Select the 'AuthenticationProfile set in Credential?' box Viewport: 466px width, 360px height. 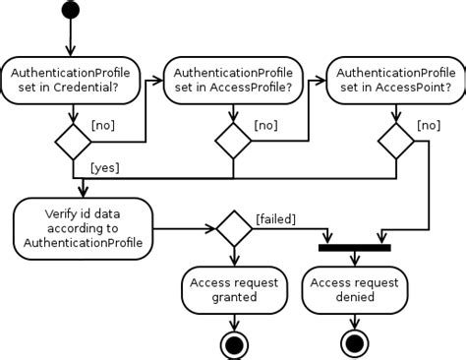pos(72,79)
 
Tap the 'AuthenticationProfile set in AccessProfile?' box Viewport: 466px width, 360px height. pos(233,79)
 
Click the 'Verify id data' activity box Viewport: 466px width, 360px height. pos(84,226)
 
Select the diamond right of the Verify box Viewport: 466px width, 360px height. pos(233,228)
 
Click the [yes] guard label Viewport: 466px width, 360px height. pos(104,167)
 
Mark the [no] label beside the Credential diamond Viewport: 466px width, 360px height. pos(105,125)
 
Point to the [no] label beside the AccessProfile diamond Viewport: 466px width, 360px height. pos(266,125)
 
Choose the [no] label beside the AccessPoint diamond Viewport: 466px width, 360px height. pos(428,125)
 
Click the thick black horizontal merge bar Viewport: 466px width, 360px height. pos(354,247)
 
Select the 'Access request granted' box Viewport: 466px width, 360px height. pos(233,289)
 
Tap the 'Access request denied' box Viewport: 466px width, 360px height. pos(354,289)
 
